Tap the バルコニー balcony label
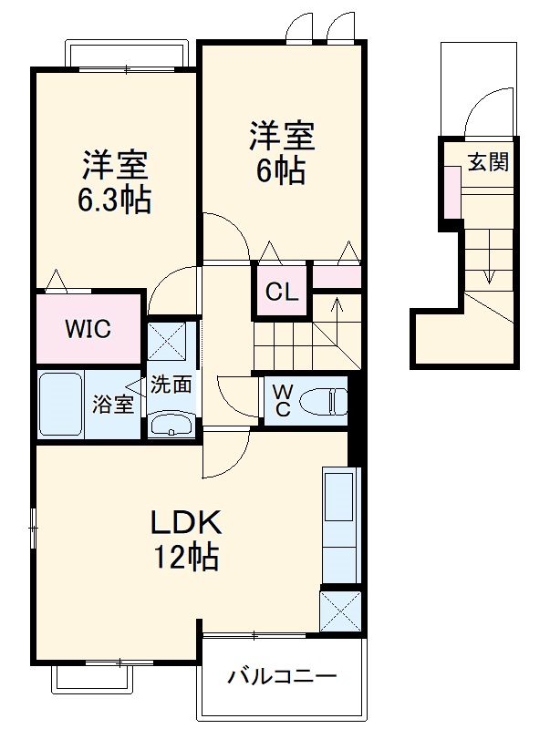click(x=282, y=676)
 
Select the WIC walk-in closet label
click(x=88, y=329)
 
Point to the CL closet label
click(x=282, y=292)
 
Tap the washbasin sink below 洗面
click(x=171, y=423)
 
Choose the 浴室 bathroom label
click(x=113, y=405)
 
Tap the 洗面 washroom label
click(x=171, y=384)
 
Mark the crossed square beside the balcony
click(x=339, y=611)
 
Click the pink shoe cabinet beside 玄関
click(x=451, y=192)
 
